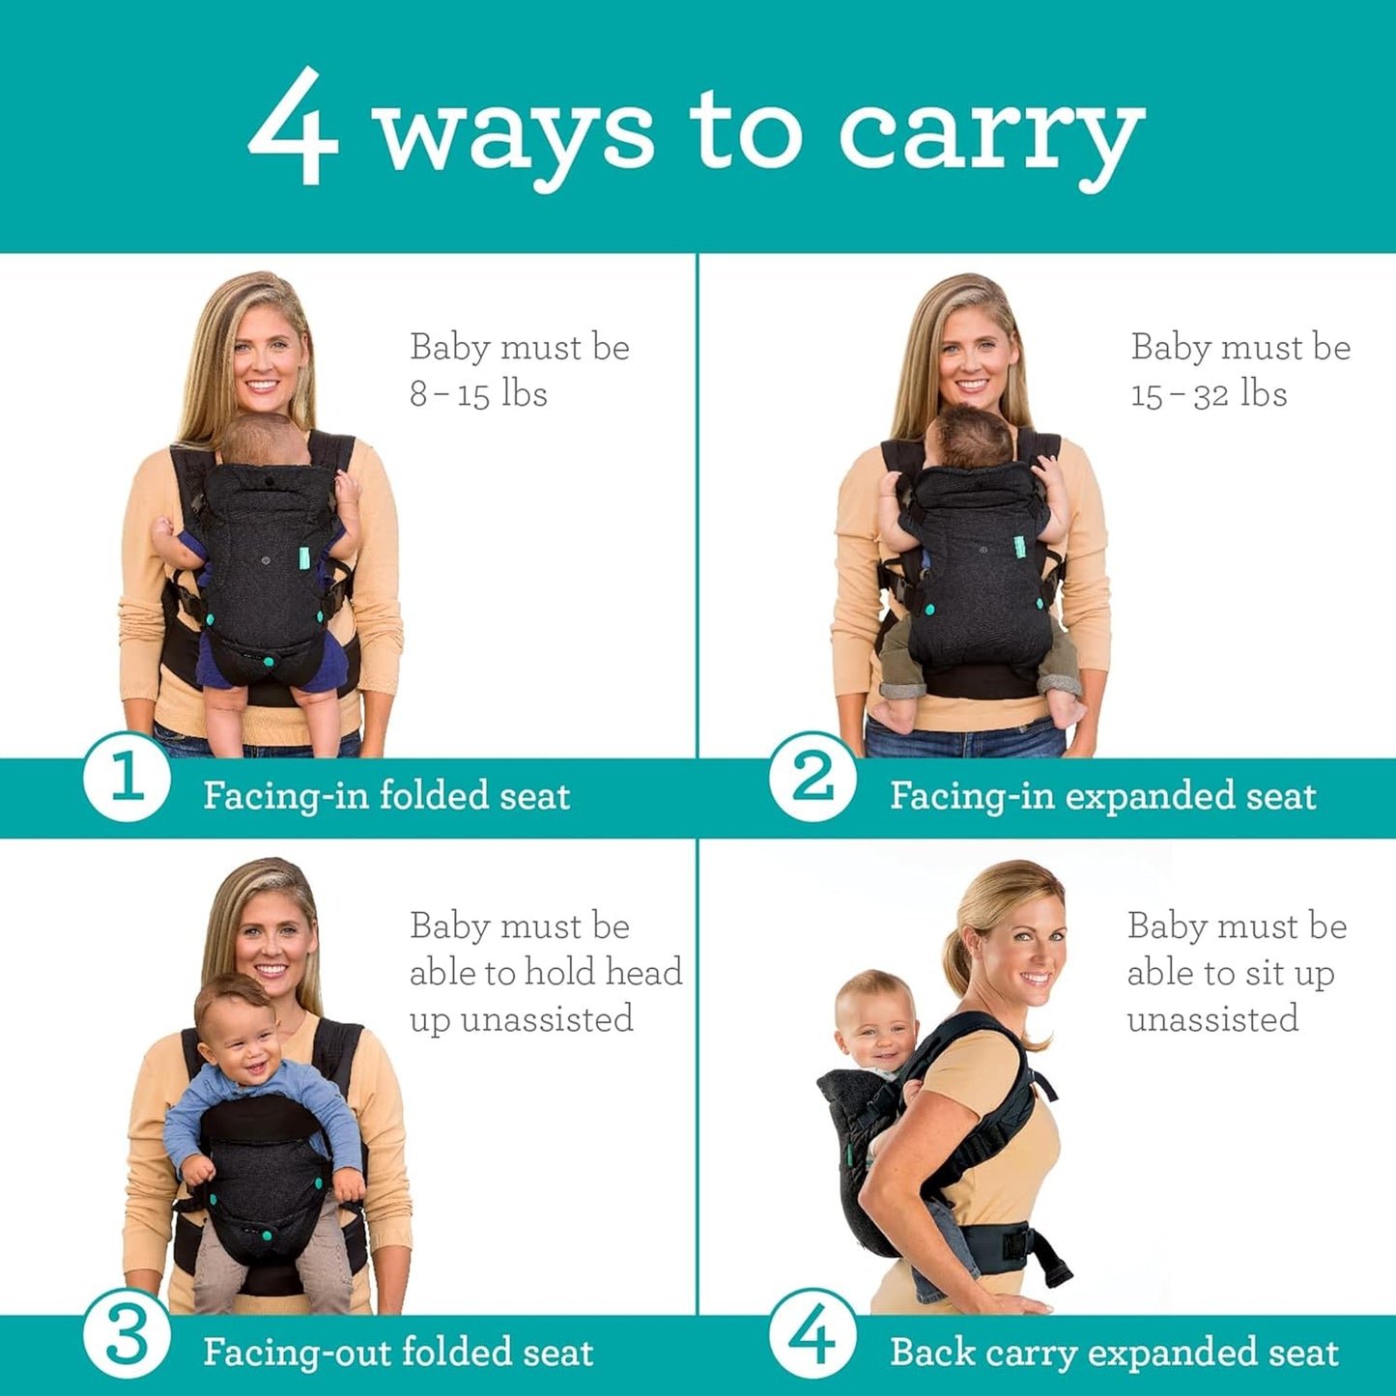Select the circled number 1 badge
point(127,777)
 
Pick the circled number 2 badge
point(812,777)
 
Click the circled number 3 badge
point(127,1337)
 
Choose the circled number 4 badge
point(812,1337)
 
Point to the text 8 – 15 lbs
point(478,394)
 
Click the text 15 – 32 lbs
point(1209,394)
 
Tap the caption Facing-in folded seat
point(386,796)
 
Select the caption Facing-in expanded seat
point(1102,796)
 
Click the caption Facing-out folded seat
point(398,1352)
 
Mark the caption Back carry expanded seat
point(1114,1352)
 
